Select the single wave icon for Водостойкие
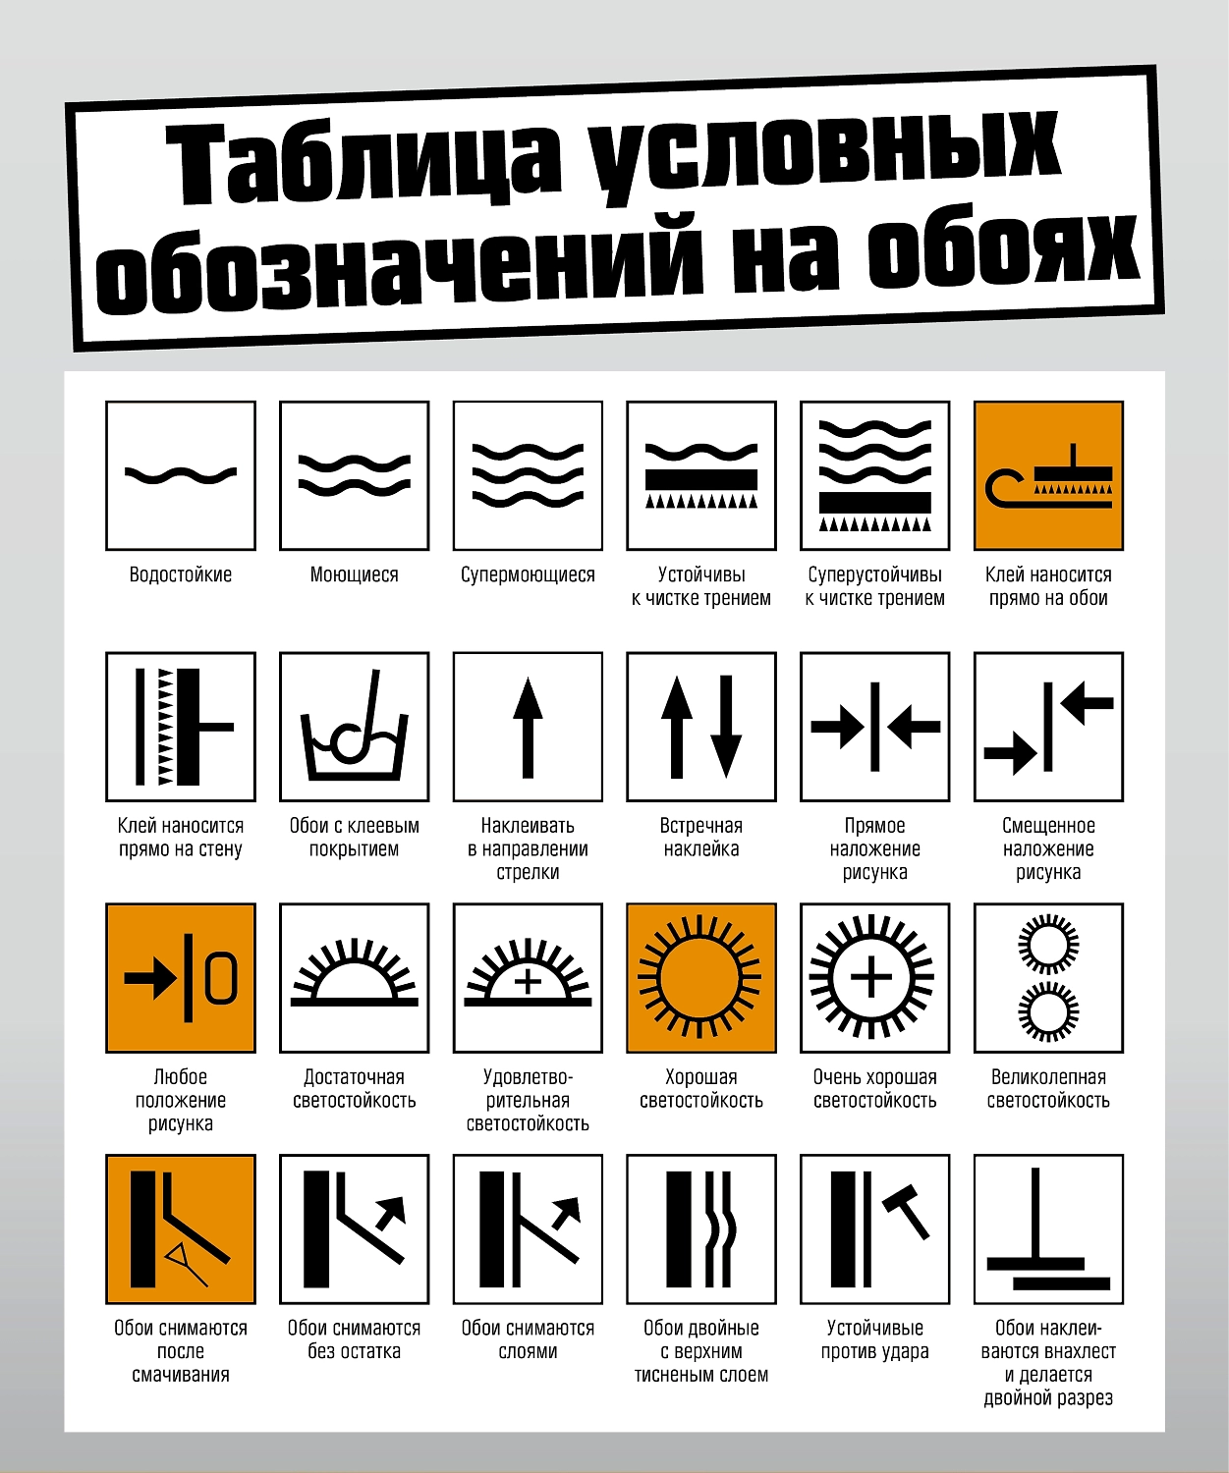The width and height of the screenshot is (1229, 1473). point(181,475)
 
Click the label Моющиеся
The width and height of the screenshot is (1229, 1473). point(355,574)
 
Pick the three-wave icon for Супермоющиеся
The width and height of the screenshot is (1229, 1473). point(528,475)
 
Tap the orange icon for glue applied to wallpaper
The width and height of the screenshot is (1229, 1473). point(1048,475)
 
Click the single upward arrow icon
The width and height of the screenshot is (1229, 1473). point(528,727)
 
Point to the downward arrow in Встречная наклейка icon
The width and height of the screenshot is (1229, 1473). point(726,727)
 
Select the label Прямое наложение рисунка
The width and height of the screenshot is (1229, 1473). point(874,848)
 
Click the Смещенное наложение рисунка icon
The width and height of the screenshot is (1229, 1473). point(1048,727)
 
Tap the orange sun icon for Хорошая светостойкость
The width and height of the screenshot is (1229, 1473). point(701,978)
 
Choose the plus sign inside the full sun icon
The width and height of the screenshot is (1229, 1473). point(871,978)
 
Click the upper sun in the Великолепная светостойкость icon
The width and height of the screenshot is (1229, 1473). point(1048,945)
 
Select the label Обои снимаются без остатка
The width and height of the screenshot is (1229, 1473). point(355,1339)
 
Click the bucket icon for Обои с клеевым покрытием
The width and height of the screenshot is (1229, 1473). point(355,727)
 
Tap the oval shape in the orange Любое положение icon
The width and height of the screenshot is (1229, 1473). point(221,978)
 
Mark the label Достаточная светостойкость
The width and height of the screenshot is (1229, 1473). point(355,1088)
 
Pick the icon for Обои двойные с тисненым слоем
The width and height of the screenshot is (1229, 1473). point(701,1228)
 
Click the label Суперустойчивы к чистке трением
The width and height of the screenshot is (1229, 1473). point(874,586)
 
